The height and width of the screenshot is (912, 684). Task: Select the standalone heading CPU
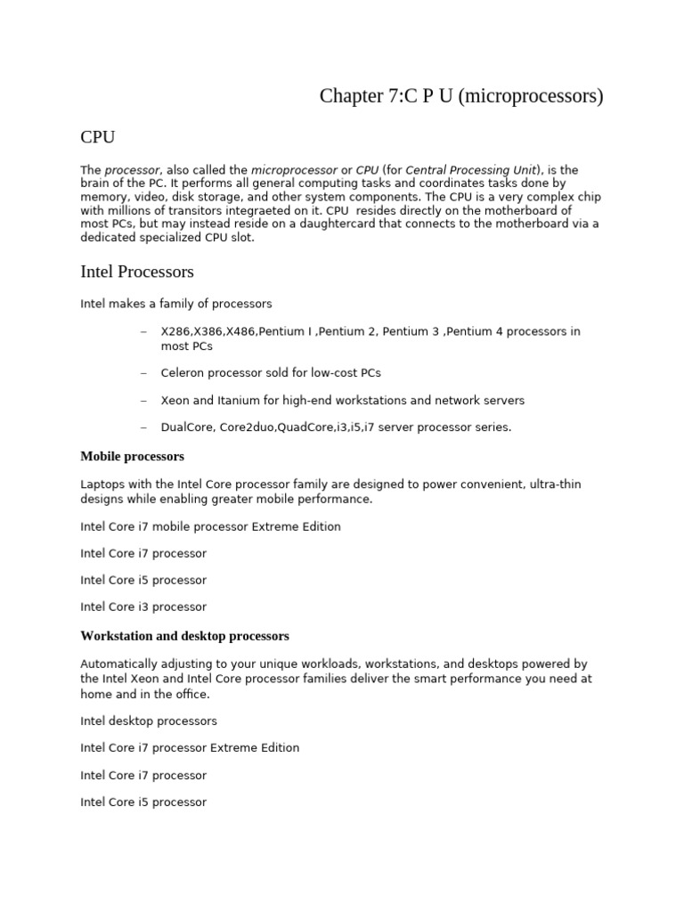point(97,137)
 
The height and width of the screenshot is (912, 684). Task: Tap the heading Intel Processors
point(137,271)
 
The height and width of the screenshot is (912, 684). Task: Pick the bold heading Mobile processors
point(132,456)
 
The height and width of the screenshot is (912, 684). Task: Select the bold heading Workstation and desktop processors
point(184,636)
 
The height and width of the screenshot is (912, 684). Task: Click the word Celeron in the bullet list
point(183,372)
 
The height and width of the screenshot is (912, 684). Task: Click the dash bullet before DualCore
point(143,427)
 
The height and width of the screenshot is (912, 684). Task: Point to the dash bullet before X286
point(143,331)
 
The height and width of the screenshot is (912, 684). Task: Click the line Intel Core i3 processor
point(143,607)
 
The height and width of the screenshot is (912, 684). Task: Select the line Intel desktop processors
point(149,721)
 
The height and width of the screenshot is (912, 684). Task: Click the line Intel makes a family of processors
point(176,304)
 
